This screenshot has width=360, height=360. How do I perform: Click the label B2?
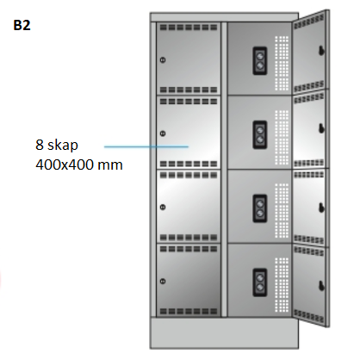pyautogui.click(x=22, y=25)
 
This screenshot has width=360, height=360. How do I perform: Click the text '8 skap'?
pyautogui.click(x=57, y=145)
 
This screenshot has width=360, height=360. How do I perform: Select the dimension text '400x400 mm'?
pyautogui.click(x=79, y=164)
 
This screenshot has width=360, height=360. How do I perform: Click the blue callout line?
pyautogui.click(x=146, y=146)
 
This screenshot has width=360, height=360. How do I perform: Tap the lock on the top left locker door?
pyautogui.click(x=163, y=60)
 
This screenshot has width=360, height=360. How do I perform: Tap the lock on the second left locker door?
pyautogui.click(x=163, y=133)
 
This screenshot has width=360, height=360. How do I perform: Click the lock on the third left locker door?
pyautogui.click(x=163, y=207)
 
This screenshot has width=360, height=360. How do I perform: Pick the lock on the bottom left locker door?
pyautogui.click(x=163, y=281)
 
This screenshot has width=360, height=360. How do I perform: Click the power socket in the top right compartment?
pyautogui.click(x=260, y=60)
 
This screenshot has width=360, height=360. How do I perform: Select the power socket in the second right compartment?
pyautogui.click(x=260, y=134)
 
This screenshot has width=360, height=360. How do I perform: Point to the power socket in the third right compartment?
pyautogui.click(x=260, y=208)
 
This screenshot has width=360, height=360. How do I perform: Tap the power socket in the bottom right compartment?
pyautogui.click(x=260, y=282)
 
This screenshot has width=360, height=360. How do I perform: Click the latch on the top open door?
pyautogui.click(x=321, y=51)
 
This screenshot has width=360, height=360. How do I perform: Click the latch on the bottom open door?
pyautogui.click(x=321, y=286)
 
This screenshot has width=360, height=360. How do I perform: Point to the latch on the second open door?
pyautogui.click(x=321, y=128)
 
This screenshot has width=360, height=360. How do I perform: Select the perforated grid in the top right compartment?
pyautogui.click(x=282, y=63)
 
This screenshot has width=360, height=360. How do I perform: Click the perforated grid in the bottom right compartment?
pyautogui.click(x=282, y=285)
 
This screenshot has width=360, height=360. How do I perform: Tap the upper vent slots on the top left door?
pyautogui.click(x=189, y=28)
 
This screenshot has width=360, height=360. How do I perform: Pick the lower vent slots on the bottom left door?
pyautogui.click(x=189, y=311)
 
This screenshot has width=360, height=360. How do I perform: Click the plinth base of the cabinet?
pyautogui.click(x=224, y=332)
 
